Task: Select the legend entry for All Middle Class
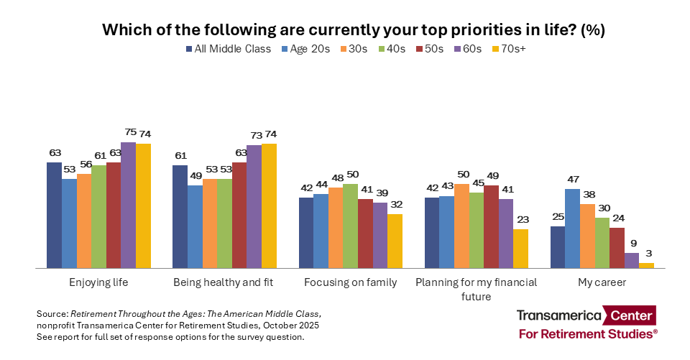pyautogui.click(x=229, y=49)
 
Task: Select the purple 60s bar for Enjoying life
pyautogui.click(x=128, y=205)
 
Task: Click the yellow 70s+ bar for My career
pyautogui.click(x=647, y=265)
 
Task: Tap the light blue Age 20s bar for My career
pyautogui.click(x=572, y=228)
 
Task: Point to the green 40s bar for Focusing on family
pyautogui.click(x=350, y=226)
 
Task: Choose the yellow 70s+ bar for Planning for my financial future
pyautogui.click(x=520, y=248)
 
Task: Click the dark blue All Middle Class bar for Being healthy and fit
pyautogui.click(x=180, y=216)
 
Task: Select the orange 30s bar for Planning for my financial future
pyautogui.click(x=461, y=226)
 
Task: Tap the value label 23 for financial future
pyautogui.click(x=520, y=221)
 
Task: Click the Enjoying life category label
pyautogui.click(x=98, y=282)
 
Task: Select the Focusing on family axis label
pyautogui.click(x=350, y=282)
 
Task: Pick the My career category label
pyautogui.click(x=602, y=282)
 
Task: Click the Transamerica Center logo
pyautogui.click(x=586, y=323)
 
